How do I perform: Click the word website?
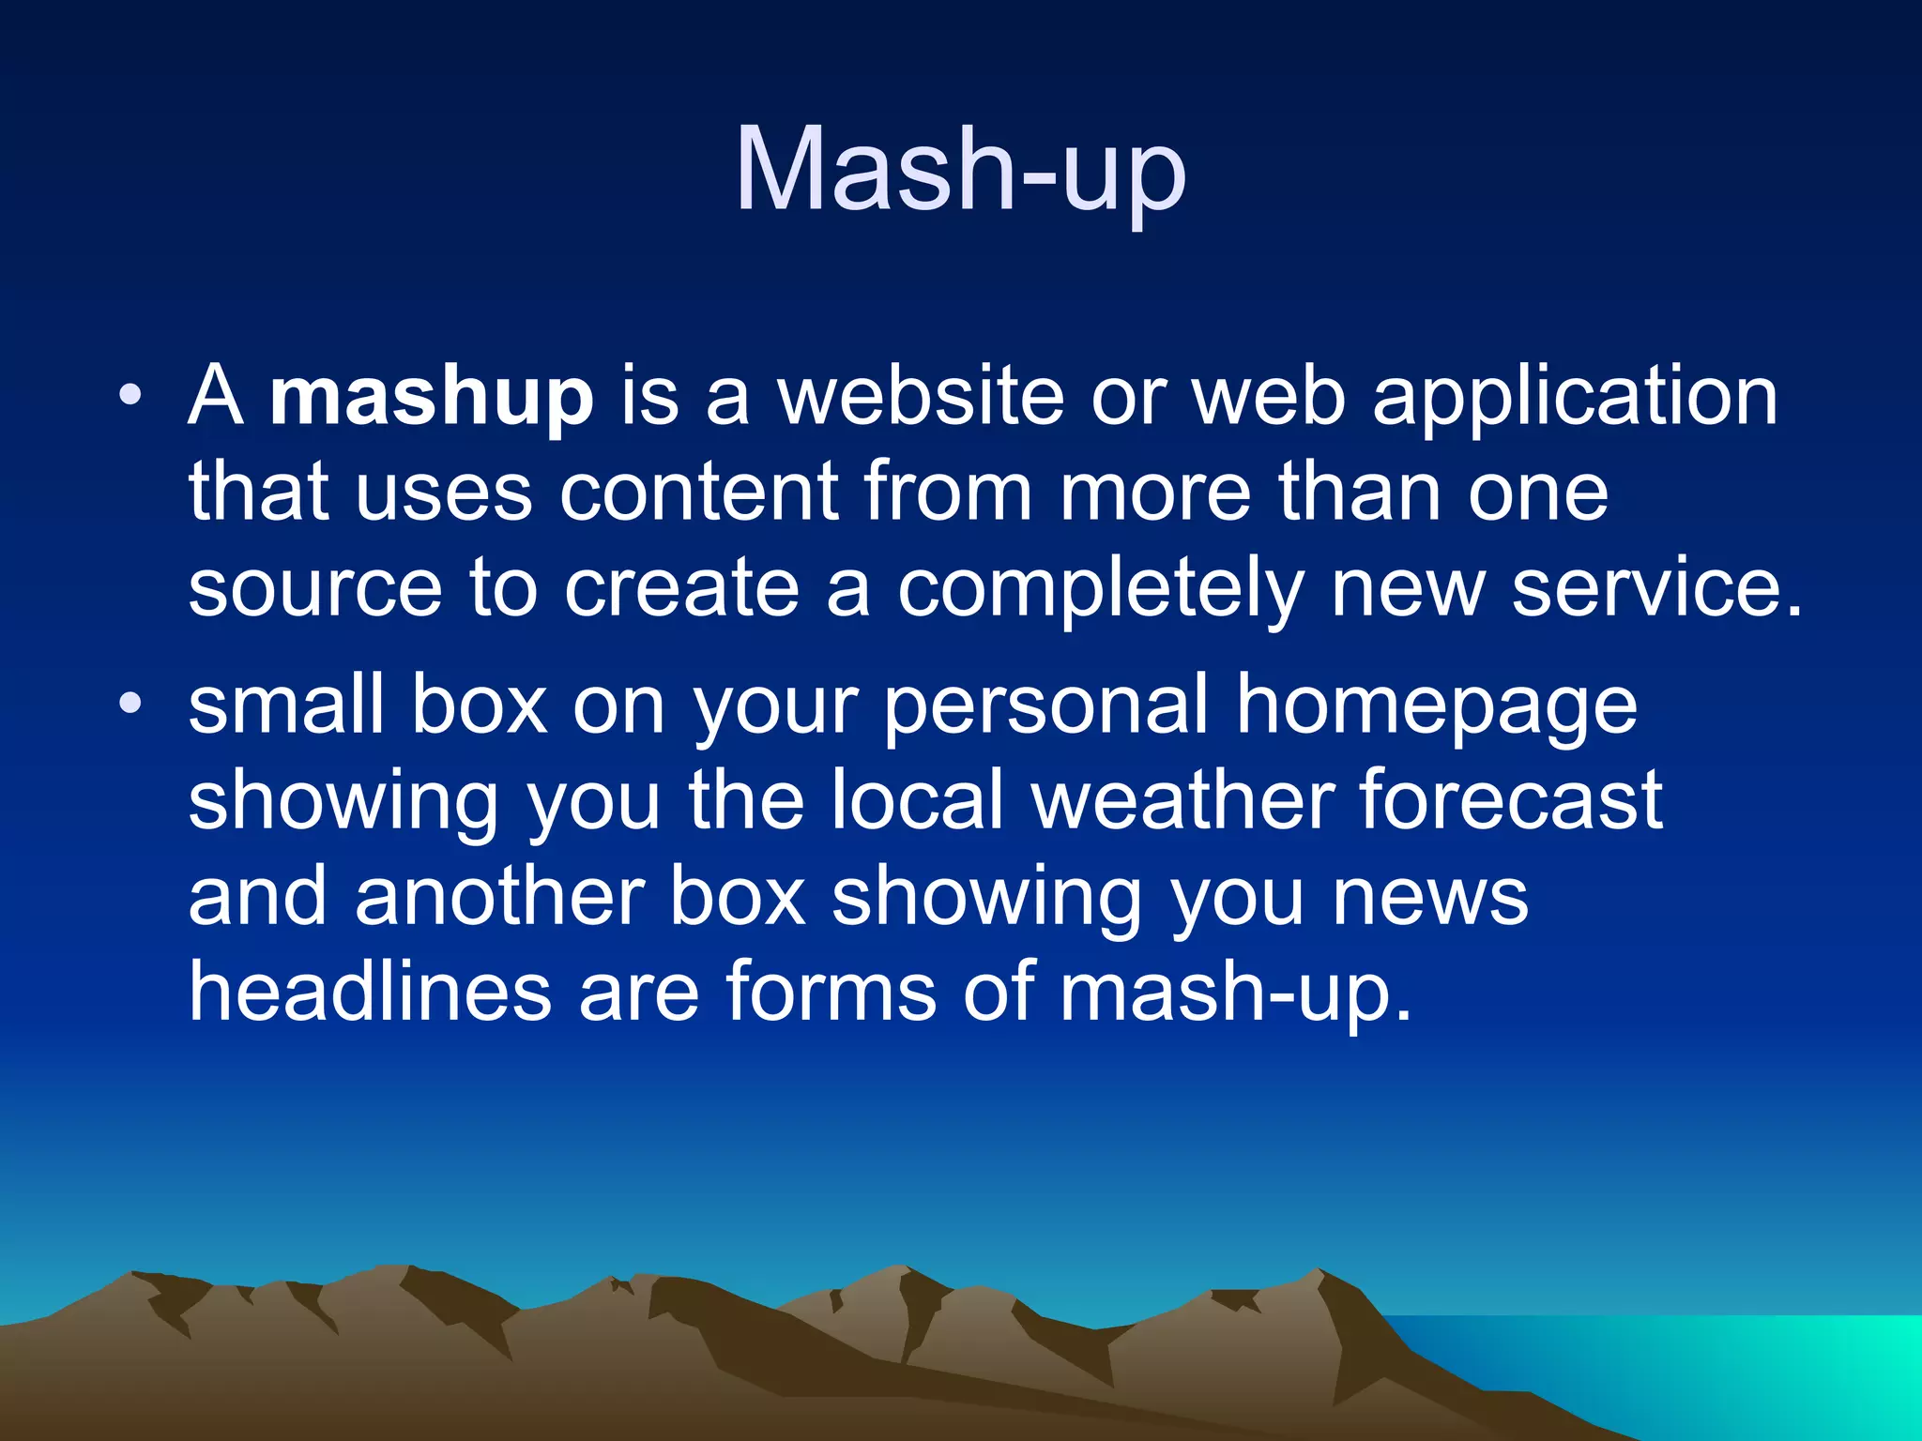921,396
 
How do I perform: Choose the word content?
699,493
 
